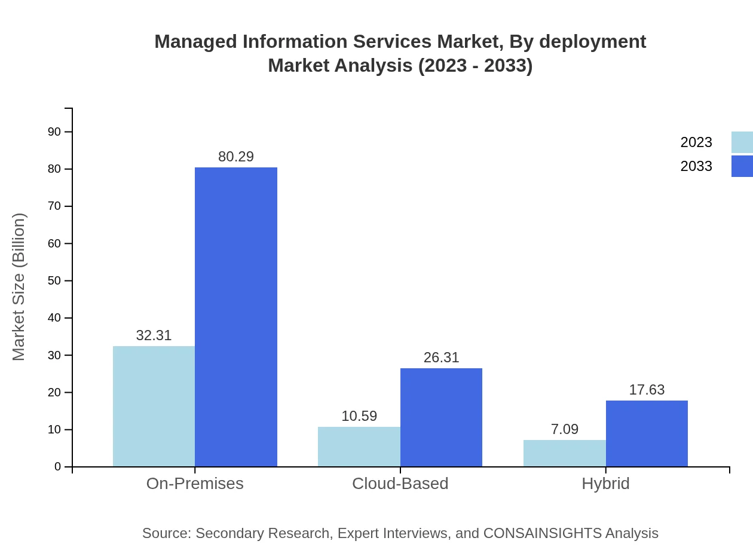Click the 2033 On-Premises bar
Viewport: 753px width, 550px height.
(236, 317)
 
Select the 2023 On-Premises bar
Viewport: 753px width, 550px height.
(154, 406)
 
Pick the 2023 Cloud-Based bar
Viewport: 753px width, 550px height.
(359, 447)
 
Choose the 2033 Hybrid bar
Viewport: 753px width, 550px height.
(647, 433)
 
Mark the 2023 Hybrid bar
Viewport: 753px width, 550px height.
(564, 453)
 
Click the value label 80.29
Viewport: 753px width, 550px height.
(236, 157)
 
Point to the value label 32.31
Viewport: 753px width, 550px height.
(154, 335)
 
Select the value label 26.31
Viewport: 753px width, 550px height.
(441, 357)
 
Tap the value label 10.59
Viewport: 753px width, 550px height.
(359, 416)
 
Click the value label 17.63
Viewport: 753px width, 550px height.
(647, 390)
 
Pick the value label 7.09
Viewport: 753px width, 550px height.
(564, 429)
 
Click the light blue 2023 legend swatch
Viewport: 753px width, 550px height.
(742, 142)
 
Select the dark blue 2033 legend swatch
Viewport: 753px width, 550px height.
(742, 166)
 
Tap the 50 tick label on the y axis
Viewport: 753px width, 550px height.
(54, 280)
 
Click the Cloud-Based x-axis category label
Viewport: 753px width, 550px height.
(400, 483)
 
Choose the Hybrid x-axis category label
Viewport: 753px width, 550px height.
(605, 483)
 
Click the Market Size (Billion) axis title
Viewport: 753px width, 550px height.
(19, 287)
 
